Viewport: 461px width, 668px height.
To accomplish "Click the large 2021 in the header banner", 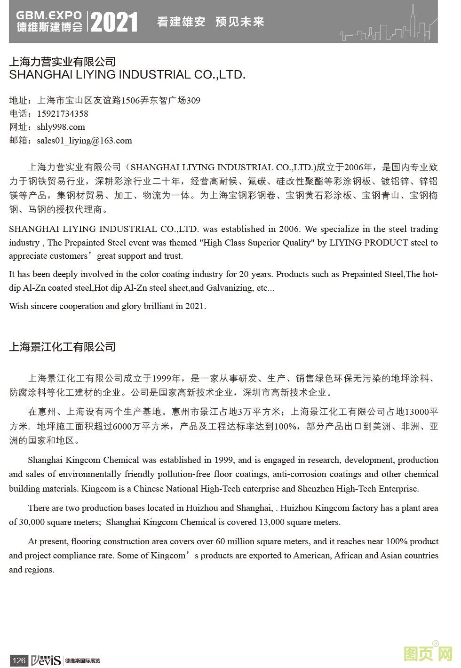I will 114,22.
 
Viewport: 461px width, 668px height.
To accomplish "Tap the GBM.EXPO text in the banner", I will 49,16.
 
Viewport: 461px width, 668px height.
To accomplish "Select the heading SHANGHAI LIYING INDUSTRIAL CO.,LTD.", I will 127,75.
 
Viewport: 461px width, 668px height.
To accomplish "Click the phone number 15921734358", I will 63,114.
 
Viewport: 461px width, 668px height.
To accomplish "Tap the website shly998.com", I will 61,127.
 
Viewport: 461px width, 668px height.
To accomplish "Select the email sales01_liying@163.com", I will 84,141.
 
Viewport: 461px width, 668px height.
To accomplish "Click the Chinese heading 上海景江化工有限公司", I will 62,347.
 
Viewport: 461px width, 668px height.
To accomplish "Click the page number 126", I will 19,660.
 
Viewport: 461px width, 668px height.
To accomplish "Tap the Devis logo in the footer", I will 46,660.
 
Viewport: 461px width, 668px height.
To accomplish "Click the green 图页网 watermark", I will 428,653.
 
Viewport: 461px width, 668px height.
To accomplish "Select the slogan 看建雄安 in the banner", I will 181,22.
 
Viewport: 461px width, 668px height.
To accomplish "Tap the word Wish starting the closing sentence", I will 18,306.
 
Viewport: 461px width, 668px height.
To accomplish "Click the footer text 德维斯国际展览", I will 83,660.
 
